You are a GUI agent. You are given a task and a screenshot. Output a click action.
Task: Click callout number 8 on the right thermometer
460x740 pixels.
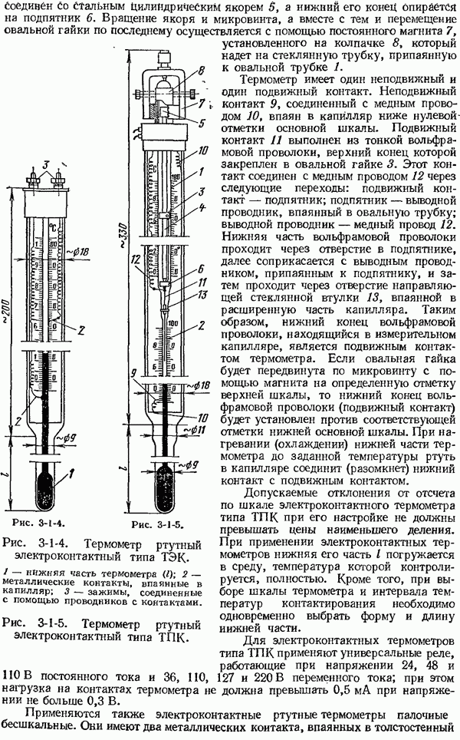(x=202, y=70)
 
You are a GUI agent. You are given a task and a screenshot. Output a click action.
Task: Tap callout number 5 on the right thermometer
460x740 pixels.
(x=202, y=121)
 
